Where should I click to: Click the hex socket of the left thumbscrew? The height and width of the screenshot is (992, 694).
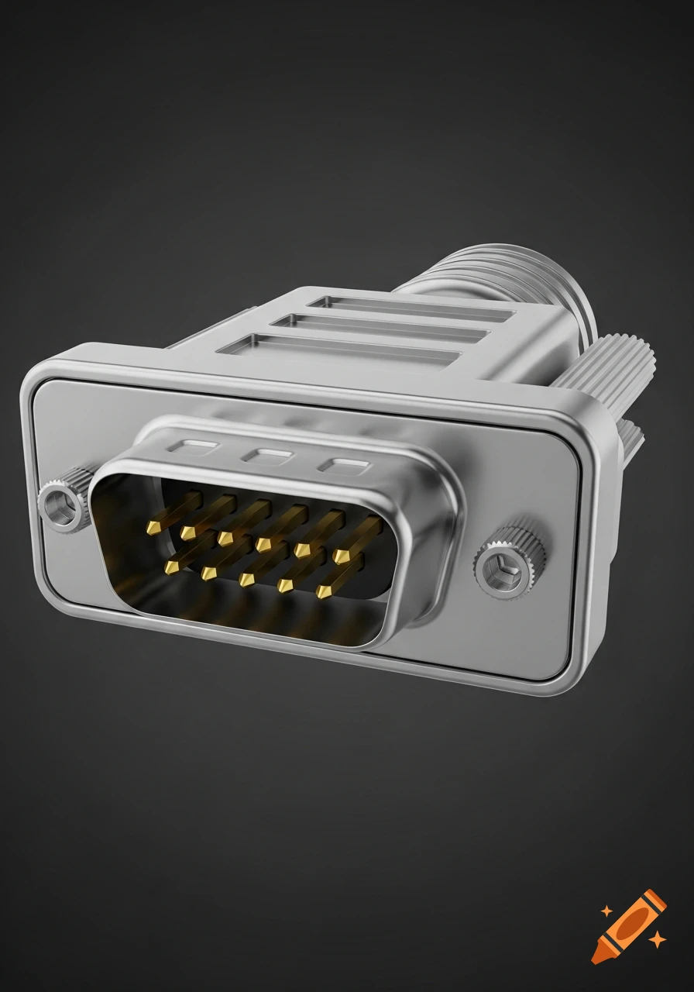[x=59, y=507]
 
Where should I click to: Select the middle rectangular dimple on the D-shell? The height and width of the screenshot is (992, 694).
[x=266, y=455]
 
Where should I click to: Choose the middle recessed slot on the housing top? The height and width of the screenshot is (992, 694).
[x=380, y=327]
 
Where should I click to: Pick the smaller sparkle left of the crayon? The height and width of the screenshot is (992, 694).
[x=606, y=911]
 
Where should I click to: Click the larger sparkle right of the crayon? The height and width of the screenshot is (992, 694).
[x=657, y=940]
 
